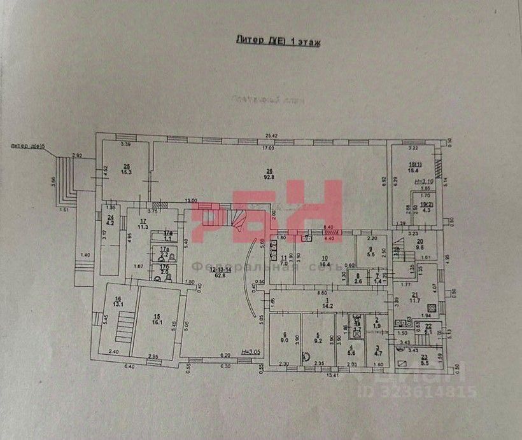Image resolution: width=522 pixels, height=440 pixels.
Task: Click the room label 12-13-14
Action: tap(217, 272)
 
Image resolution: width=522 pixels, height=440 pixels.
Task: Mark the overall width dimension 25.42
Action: tap(271, 135)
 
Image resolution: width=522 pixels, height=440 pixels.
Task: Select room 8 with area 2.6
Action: tap(358, 278)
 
